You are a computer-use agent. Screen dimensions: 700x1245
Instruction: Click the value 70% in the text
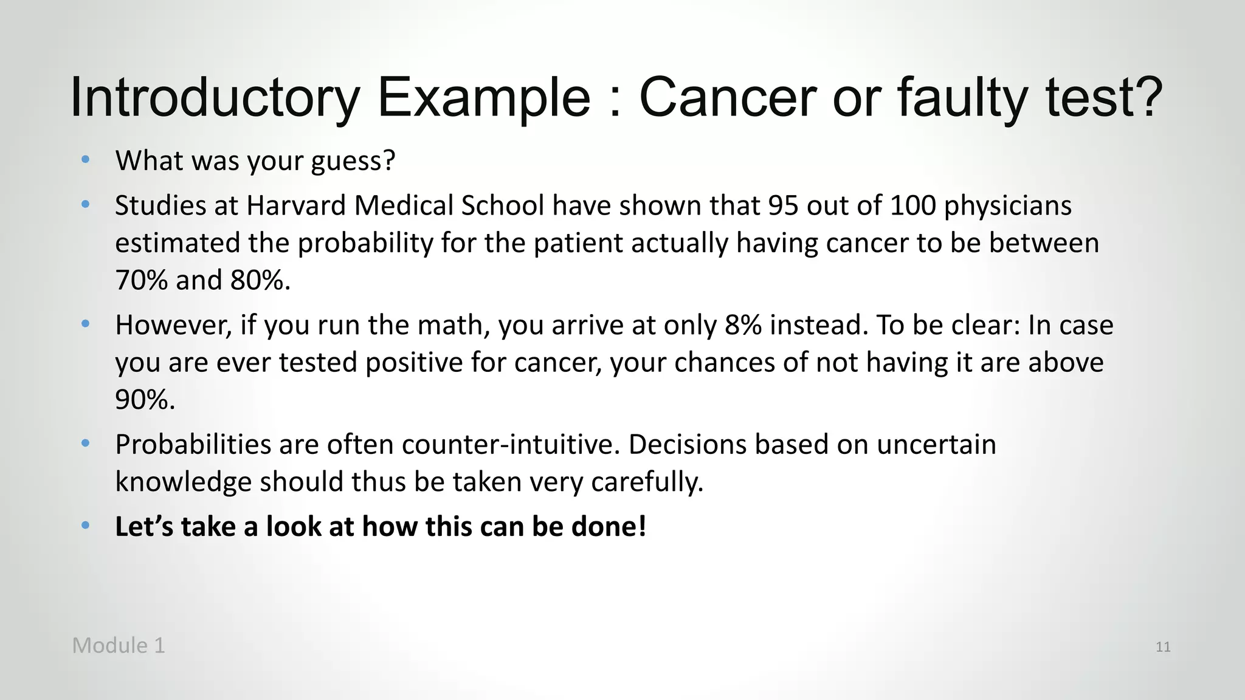coord(141,280)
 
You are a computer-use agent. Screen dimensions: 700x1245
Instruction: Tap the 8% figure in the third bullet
coord(743,325)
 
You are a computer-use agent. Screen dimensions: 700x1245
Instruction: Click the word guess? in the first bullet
coord(353,161)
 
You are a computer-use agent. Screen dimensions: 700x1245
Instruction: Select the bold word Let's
coord(144,526)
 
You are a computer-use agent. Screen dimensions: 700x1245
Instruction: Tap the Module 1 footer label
coord(119,645)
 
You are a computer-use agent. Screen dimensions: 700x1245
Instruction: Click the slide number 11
coord(1163,647)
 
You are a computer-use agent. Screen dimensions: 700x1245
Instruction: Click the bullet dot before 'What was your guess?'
coord(86,160)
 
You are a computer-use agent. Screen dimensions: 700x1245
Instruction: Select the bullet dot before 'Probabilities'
coord(86,443)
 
